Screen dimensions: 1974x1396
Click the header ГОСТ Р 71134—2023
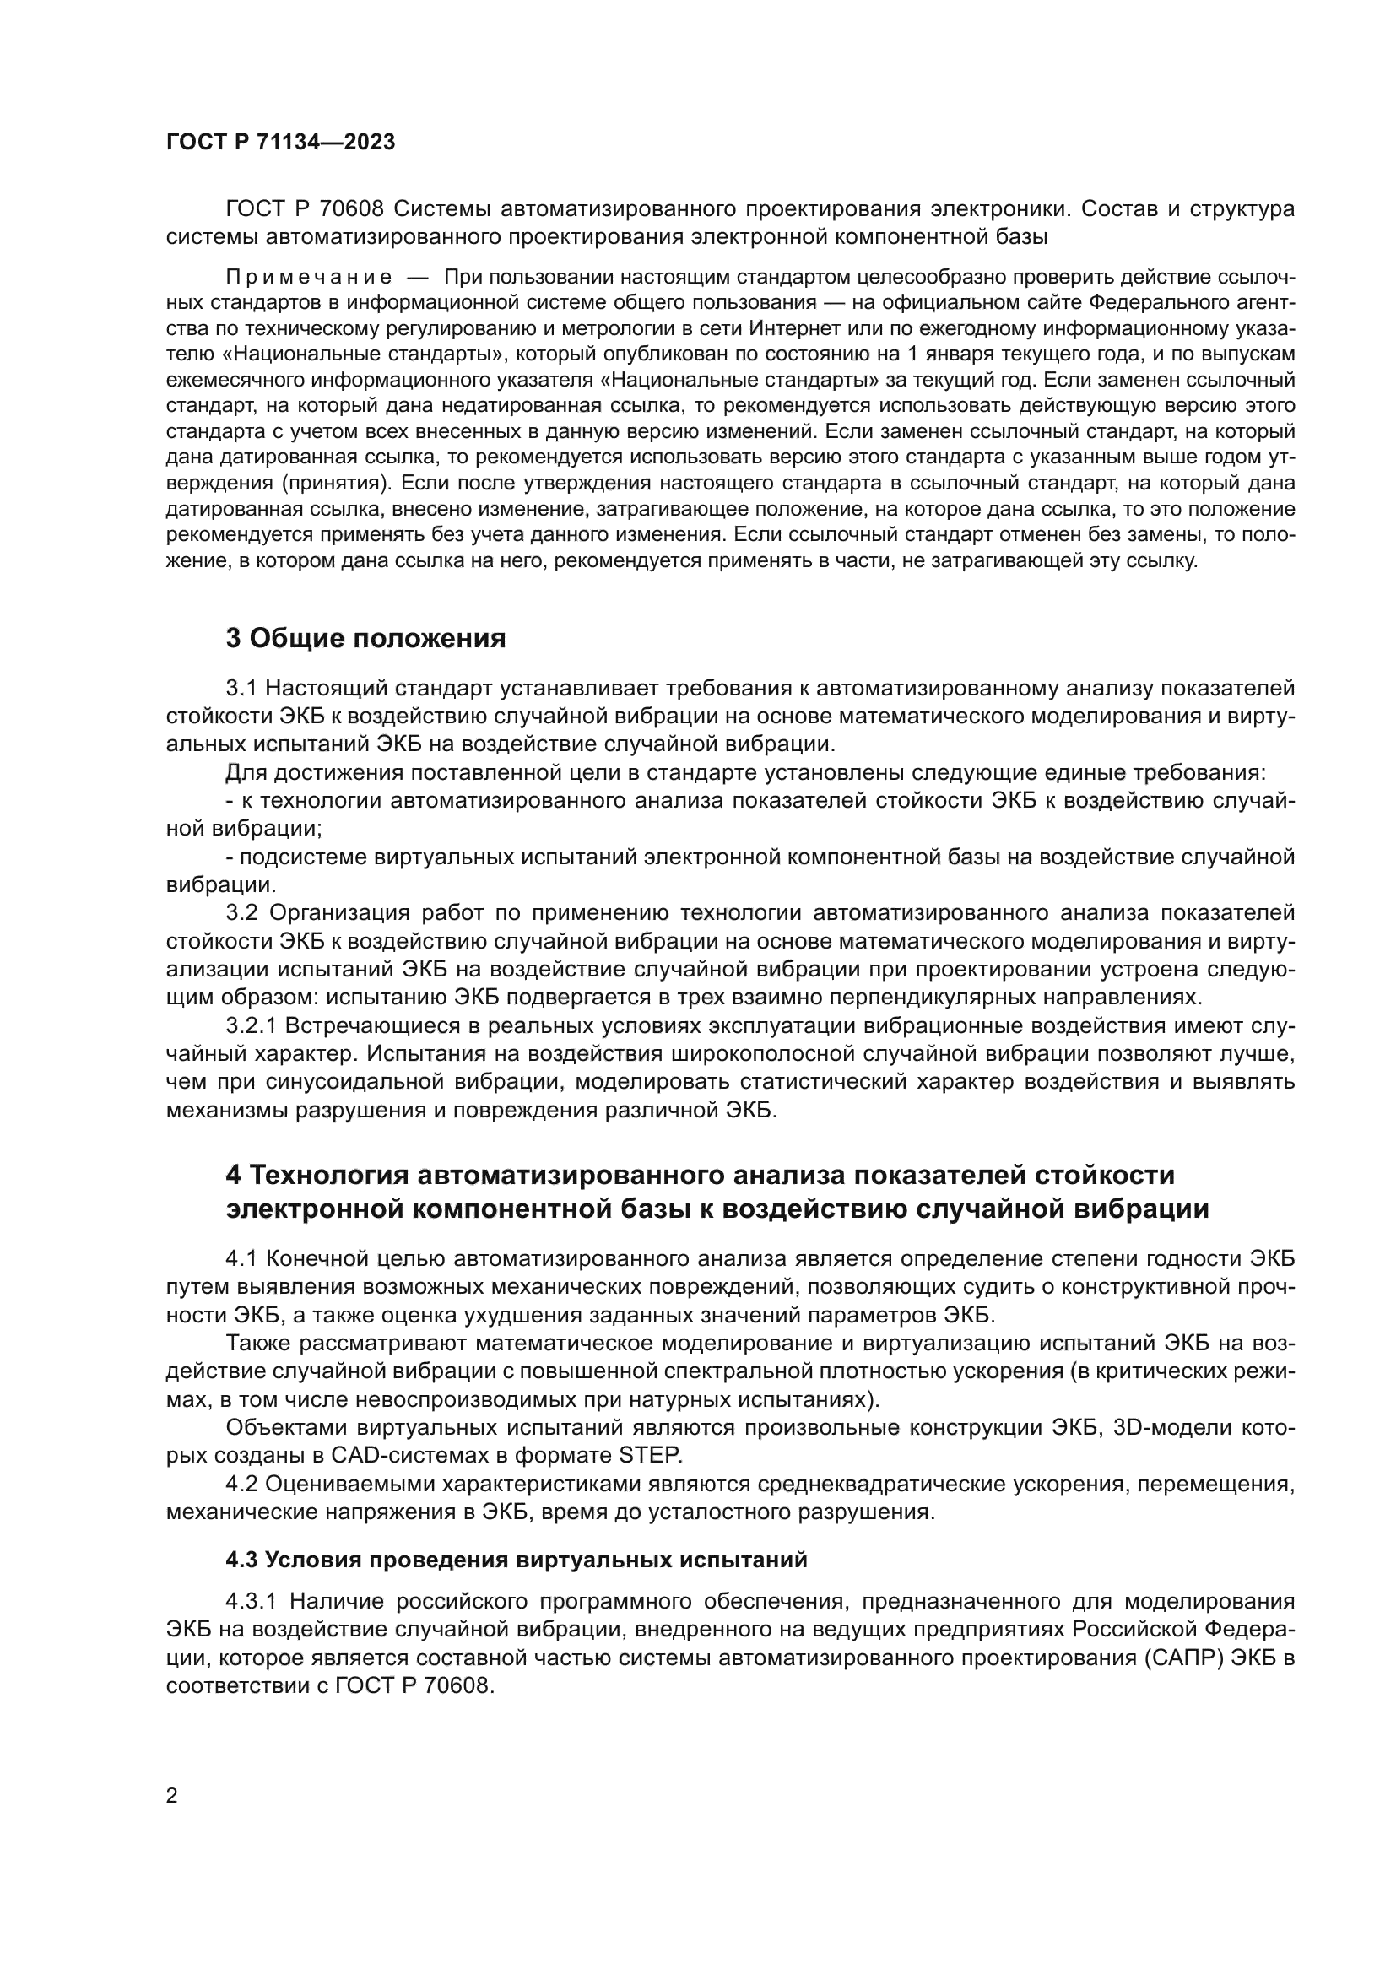(280, 143)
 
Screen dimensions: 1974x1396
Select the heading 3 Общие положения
(365, 639)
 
